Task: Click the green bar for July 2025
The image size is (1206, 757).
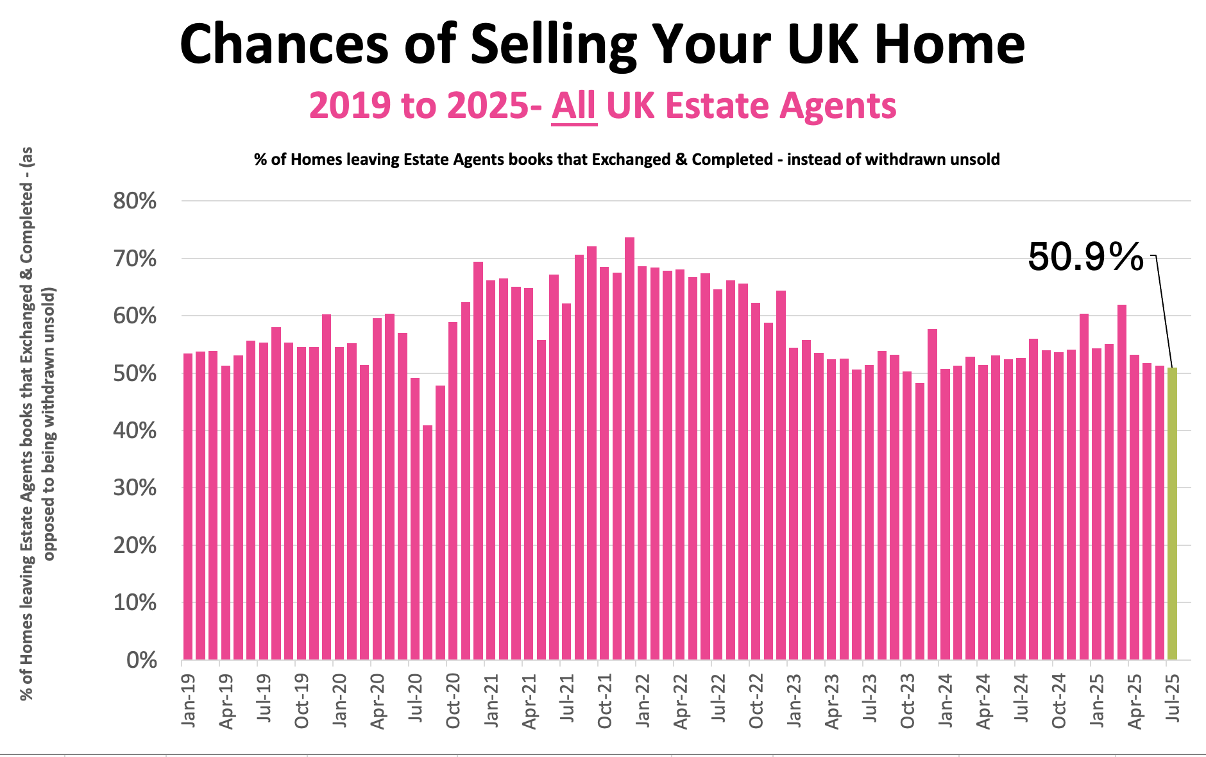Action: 1172,513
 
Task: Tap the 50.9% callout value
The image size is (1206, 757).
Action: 1085,257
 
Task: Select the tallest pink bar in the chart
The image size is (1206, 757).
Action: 629,449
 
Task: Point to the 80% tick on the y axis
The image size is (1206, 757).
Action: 135,201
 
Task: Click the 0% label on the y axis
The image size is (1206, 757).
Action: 142,660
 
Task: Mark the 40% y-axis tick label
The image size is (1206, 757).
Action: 135,430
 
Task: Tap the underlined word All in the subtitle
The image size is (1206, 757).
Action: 574,106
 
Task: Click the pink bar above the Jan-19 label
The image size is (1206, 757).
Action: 188,507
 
